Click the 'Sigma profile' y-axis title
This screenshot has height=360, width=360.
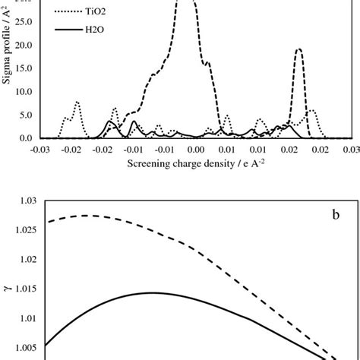[7, 72]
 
